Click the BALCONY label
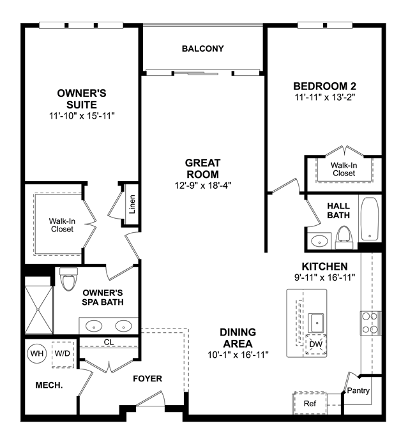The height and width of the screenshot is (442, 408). tap(202, 48)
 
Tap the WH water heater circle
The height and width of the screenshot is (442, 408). tap(37, 353)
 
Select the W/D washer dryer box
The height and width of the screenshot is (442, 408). tap(63, 355)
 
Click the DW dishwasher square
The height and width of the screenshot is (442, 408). tap(316, 344)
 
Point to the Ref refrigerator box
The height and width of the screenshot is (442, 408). tap(310, 403)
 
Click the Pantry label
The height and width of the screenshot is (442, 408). tap(358, 391)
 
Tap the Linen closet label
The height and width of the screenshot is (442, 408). tap(132, 204)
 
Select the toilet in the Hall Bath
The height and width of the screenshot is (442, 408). tap(344, 237)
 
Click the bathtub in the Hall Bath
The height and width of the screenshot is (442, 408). tap(370, 219)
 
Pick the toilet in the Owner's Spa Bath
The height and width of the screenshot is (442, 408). tap(68, 279)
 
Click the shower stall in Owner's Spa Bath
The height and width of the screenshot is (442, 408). tap(39, 309)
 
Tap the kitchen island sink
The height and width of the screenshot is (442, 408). tap(317, 323)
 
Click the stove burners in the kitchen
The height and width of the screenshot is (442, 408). tap(370, 323)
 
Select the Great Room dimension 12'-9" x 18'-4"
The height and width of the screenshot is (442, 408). tap(203, 186)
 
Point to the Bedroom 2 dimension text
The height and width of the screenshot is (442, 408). tap(324, 97)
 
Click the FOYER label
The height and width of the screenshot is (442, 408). tap(147, 379)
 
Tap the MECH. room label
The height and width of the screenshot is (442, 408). tap(49, 385)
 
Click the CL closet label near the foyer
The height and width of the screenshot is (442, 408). tap(109, 343)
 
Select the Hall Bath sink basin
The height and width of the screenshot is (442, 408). tap(319, 241)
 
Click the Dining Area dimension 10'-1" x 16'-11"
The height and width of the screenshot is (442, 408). tap(238, 355)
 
